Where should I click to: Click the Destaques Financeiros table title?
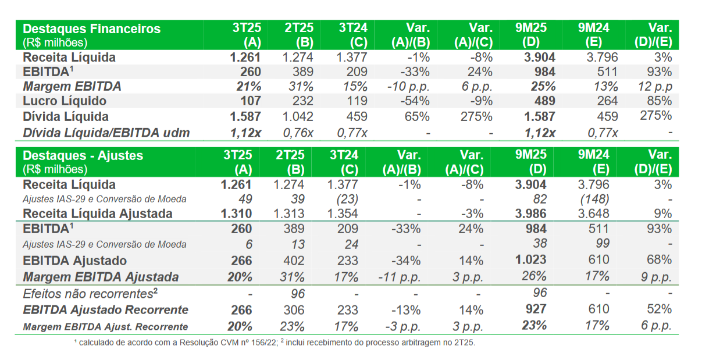[91, 28]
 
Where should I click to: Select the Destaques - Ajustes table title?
[83, 156]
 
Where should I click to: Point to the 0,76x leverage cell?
[298, 133]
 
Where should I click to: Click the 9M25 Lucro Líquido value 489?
[543, 101]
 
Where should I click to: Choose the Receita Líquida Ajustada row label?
[97, 213]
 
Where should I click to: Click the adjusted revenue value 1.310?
[236, 213]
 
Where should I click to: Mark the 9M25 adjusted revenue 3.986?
[530, 213]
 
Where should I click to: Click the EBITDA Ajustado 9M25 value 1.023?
[530, 260]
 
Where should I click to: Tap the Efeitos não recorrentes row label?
[88, 294]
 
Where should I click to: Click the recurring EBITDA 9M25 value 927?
[534, 309]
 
